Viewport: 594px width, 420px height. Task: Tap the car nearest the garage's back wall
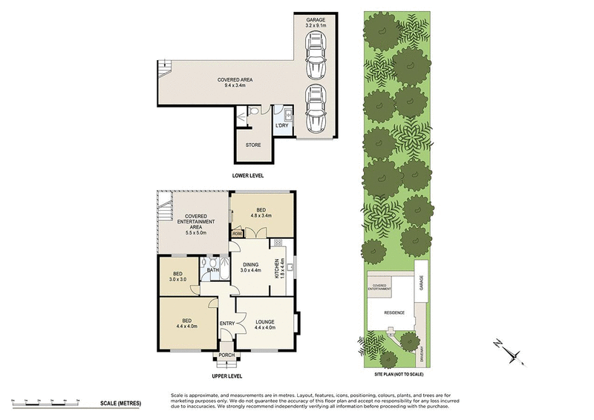pyautogui.click(x=316, y=55)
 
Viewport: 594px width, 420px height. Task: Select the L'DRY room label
pyautogui.click(x=282, y=125)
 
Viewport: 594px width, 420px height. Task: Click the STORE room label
pyautogui.click(x=254, y=145)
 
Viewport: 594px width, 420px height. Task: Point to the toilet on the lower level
pyautogui.click(x=255, y=111)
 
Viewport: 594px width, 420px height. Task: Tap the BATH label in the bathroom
pyautogui.click(x=213, y=270)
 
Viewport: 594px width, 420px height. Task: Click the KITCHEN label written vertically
pyautogui.click(x=277, y=268)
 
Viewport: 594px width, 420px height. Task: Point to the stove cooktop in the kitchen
pyautogui.click(x=278, y=243)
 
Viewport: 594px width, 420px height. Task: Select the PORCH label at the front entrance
pyautogui.click(x=227, y=355)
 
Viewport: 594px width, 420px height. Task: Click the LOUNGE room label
pyautogui.click(x=265, y=321)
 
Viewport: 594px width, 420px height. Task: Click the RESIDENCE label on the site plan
pyautogui.click(x=394, y=312)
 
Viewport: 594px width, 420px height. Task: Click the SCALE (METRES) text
pyautogui.click(x=120, y=403)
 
